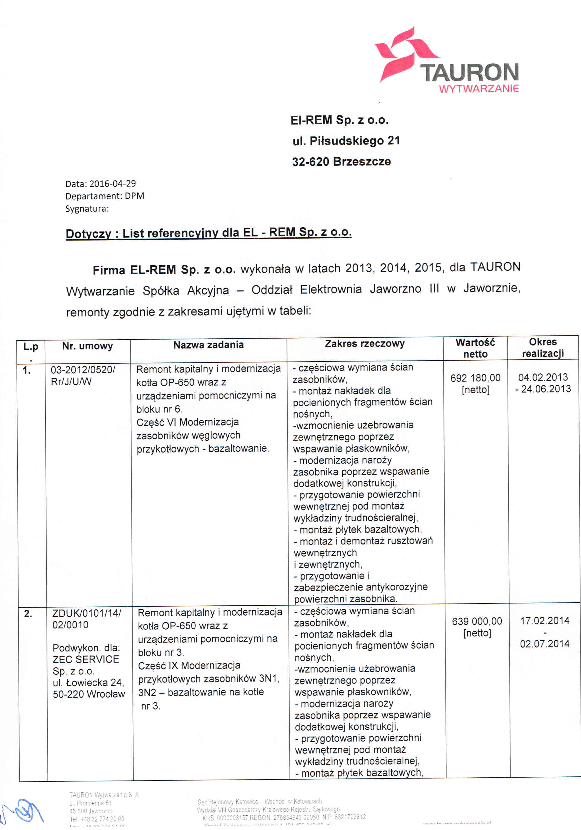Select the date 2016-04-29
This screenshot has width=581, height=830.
tap(112, 184)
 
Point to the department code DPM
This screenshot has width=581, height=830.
tap(134, 196)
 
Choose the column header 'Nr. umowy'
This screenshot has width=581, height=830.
tap(87, 346)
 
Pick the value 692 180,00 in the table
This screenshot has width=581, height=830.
tap(475, 378)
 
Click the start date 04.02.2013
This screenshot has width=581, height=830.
tap(543, 377)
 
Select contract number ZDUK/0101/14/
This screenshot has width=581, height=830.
tap(87, 613)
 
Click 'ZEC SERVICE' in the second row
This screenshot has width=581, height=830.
tap(86, 659)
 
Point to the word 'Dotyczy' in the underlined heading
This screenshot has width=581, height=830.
tap(88, 234)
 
